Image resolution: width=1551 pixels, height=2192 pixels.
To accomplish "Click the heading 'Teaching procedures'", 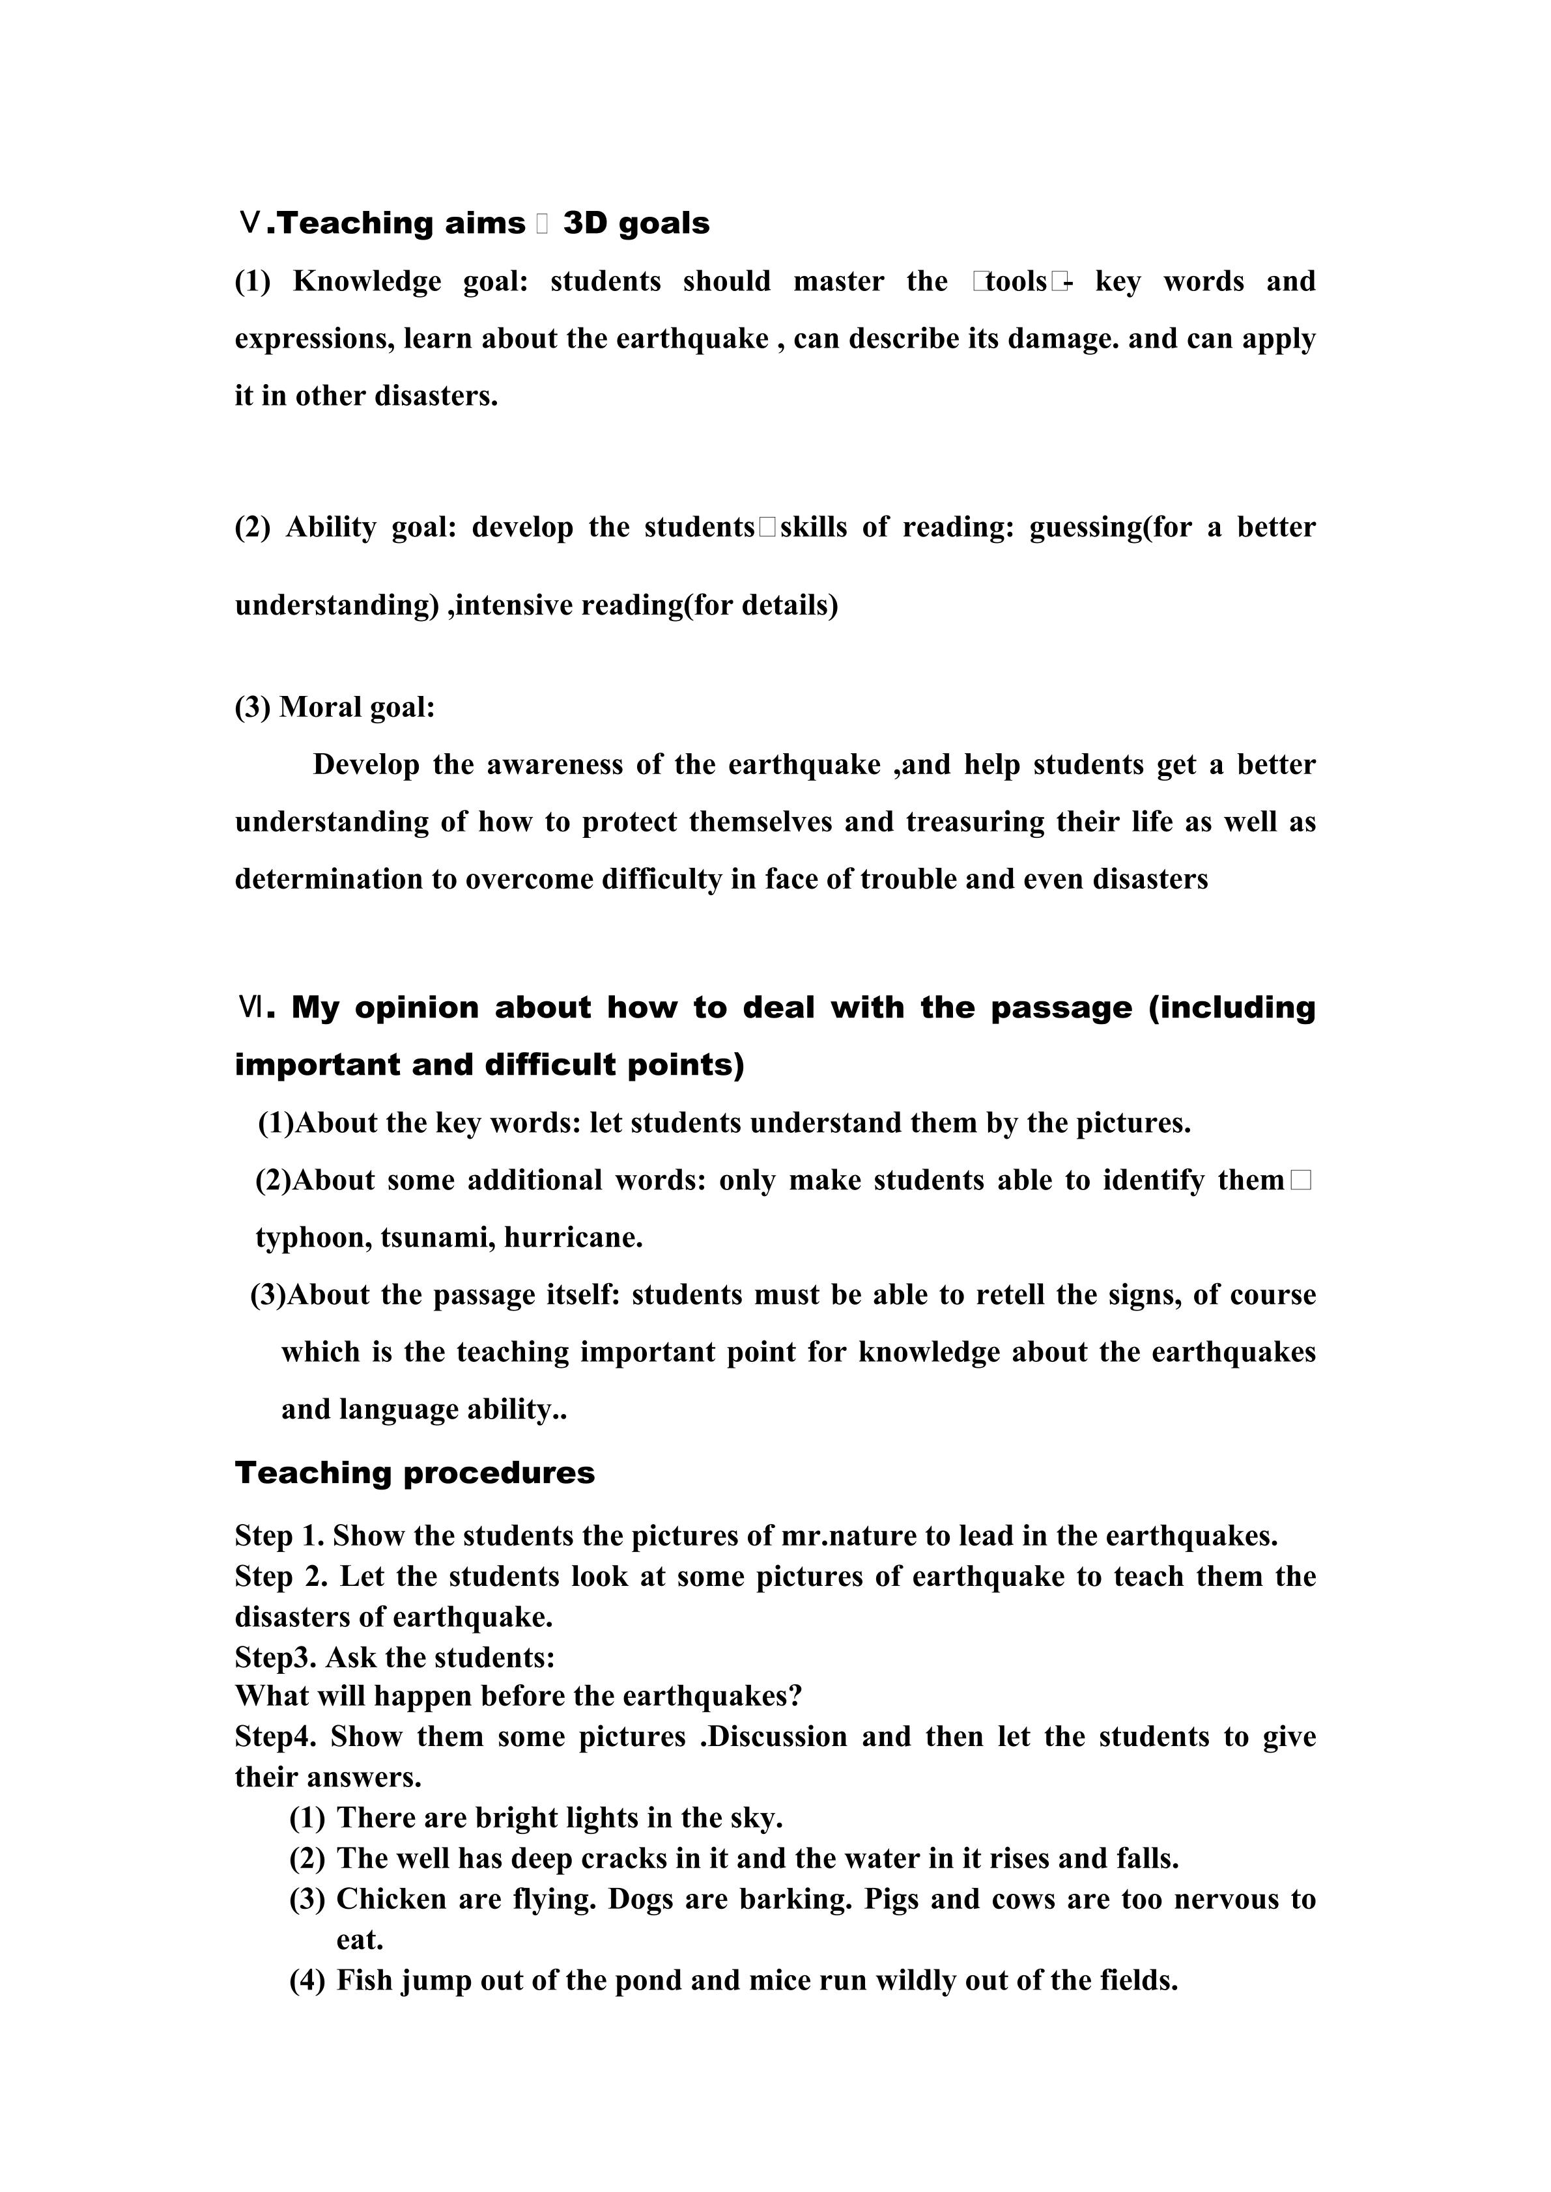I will tap(414, 1473).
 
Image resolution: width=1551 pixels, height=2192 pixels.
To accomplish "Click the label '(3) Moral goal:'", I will tap(334, 708).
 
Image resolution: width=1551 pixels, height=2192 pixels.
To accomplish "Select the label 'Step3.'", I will tap(275, 1658).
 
